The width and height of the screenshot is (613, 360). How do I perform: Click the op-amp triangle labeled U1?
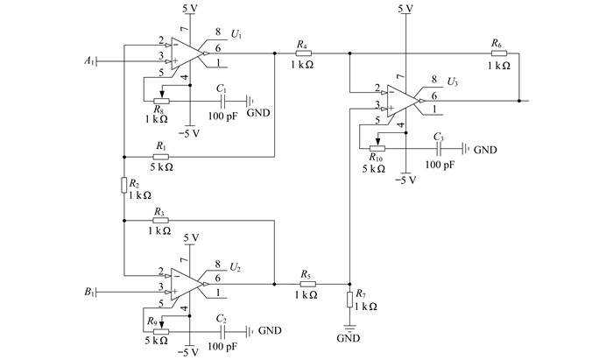click(x=187, y=53)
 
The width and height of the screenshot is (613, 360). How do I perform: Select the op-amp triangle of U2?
click(x=187, y=284)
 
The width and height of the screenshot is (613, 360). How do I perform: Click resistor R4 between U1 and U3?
click(x=303, y=53)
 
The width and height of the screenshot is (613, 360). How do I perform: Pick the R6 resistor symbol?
click(x=499, y=53)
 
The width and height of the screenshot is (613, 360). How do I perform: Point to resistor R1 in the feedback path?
click(x=160, y=157)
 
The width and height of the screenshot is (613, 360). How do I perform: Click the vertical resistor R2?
click(x=124, y=185)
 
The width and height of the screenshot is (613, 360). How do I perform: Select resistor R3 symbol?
click(x=160, y=221)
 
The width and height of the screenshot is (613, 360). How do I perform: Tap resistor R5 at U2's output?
click(x=307, y=284)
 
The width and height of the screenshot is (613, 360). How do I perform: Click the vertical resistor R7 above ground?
click(x=350, y=299)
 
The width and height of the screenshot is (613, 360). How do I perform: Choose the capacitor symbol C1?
click(x=223, y=101)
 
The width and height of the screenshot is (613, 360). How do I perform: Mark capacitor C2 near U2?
click(x=223, y=331)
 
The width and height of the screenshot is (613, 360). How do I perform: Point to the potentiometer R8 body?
click(x=161, y=101)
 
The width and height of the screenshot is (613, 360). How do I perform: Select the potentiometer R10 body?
click(x=377, y=148)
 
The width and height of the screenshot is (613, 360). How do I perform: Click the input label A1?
click(x=89, y=60)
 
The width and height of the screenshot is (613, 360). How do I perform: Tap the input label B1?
click(x=89, y=292)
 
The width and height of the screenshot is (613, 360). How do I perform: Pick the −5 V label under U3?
click(x=405, y=180)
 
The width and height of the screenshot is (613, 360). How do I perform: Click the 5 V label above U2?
click(x=191, y=237)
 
